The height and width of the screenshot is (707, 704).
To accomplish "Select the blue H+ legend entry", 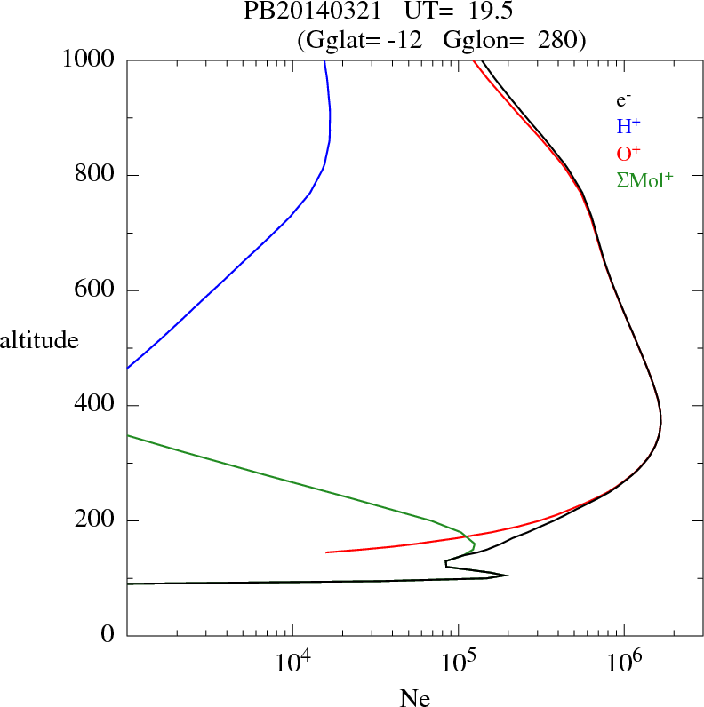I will (628, 127).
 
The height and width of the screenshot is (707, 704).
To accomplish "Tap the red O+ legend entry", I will (628, 153).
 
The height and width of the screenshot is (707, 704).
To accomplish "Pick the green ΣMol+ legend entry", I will (644, 179).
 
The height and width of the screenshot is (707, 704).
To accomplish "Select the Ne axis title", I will (415, 698).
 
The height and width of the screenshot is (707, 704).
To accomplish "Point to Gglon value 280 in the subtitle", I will (559, 40).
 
